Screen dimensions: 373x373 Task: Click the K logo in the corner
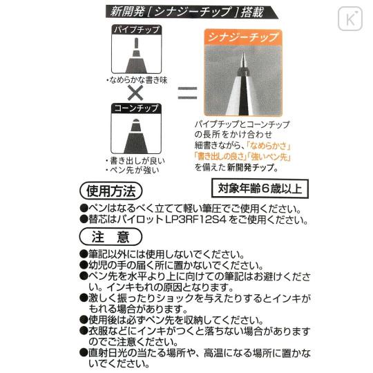click(x=350, y=19)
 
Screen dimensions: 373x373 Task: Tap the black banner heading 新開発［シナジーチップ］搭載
click(x=192, y=12)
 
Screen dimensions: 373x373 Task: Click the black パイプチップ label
click(x=137, y=30)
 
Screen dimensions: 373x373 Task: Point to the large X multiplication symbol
click(x=135, y=93)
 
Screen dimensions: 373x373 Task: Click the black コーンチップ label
click(x=136, y=108)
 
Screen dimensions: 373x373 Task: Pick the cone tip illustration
click(x=136, y=136)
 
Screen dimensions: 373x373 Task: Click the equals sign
click(x=187, y=93)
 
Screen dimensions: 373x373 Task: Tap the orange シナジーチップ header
click(x=243, y=37)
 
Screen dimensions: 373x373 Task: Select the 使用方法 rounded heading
click(x=111, y=191)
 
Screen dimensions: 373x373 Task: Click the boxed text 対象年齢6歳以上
click(x=260, y=189)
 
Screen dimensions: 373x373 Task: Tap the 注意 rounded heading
click(x=111, y=237)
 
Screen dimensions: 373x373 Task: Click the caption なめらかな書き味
click(x=138, y=80)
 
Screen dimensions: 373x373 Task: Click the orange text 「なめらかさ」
click(x=269, y=146)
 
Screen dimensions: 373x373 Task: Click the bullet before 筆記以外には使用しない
click(x=84, y=254)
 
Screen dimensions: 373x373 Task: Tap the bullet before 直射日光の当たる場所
click(x=84, y=352)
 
